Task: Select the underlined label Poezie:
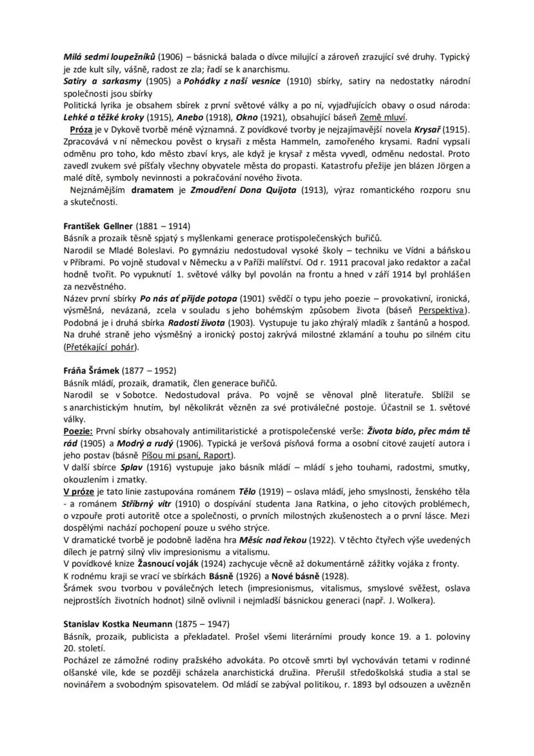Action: [x=78, y=431]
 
